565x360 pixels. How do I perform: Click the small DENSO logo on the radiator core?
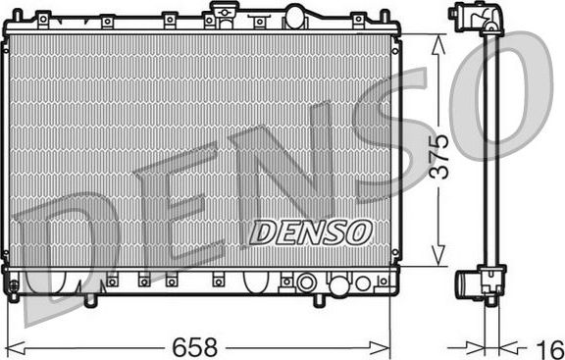tap(310, 231)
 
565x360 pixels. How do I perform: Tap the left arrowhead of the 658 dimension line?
tap(26, 345)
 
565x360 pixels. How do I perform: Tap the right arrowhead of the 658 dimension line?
tap(383, 345)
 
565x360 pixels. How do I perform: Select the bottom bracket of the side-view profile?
tap(481, 283)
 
